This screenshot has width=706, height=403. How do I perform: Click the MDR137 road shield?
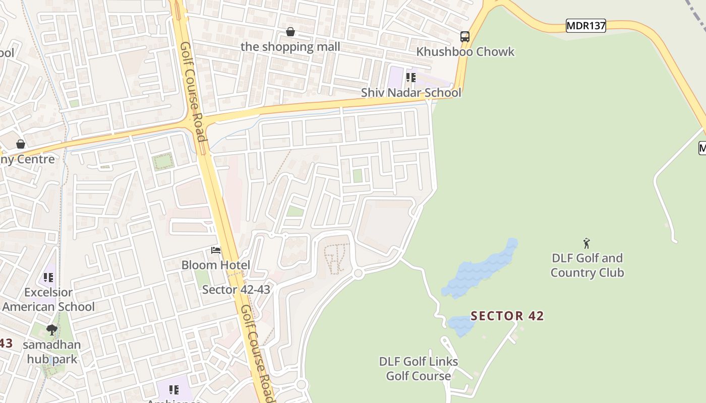[x=585, y=26]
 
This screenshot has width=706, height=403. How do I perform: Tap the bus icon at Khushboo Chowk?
[x=464, y=36]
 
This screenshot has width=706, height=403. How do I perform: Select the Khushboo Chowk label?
[x=465, y=52]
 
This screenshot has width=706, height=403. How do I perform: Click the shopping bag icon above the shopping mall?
[x=290, y=32]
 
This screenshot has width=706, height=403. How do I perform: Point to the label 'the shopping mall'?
[x=290, y=47]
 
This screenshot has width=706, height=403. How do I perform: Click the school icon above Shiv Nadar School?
[x=411, y=78]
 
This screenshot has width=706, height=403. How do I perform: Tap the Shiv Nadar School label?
[x=411, y=93]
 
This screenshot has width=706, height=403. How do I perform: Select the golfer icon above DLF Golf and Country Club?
[x=586, y=244]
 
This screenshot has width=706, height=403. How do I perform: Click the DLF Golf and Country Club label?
[x=587, y=265]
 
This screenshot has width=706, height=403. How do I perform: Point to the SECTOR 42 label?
[x=507, y=316]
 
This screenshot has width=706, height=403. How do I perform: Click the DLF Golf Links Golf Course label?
[x=419, y=369]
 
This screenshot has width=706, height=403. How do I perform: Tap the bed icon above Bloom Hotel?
[x=216, y=250]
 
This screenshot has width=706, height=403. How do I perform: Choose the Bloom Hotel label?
[x=216, y=265]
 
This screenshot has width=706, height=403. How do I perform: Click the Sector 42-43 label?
[x=236, y=290]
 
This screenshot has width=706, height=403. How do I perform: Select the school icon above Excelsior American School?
[x=48, y=277]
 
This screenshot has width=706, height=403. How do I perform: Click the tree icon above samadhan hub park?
[x=52, y=330]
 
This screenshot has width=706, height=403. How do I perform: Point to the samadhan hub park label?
[x=52, y=352]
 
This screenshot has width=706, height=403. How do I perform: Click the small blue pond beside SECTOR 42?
[x=461, y=325]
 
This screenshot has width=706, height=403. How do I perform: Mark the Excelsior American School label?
[x=48, y=299]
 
